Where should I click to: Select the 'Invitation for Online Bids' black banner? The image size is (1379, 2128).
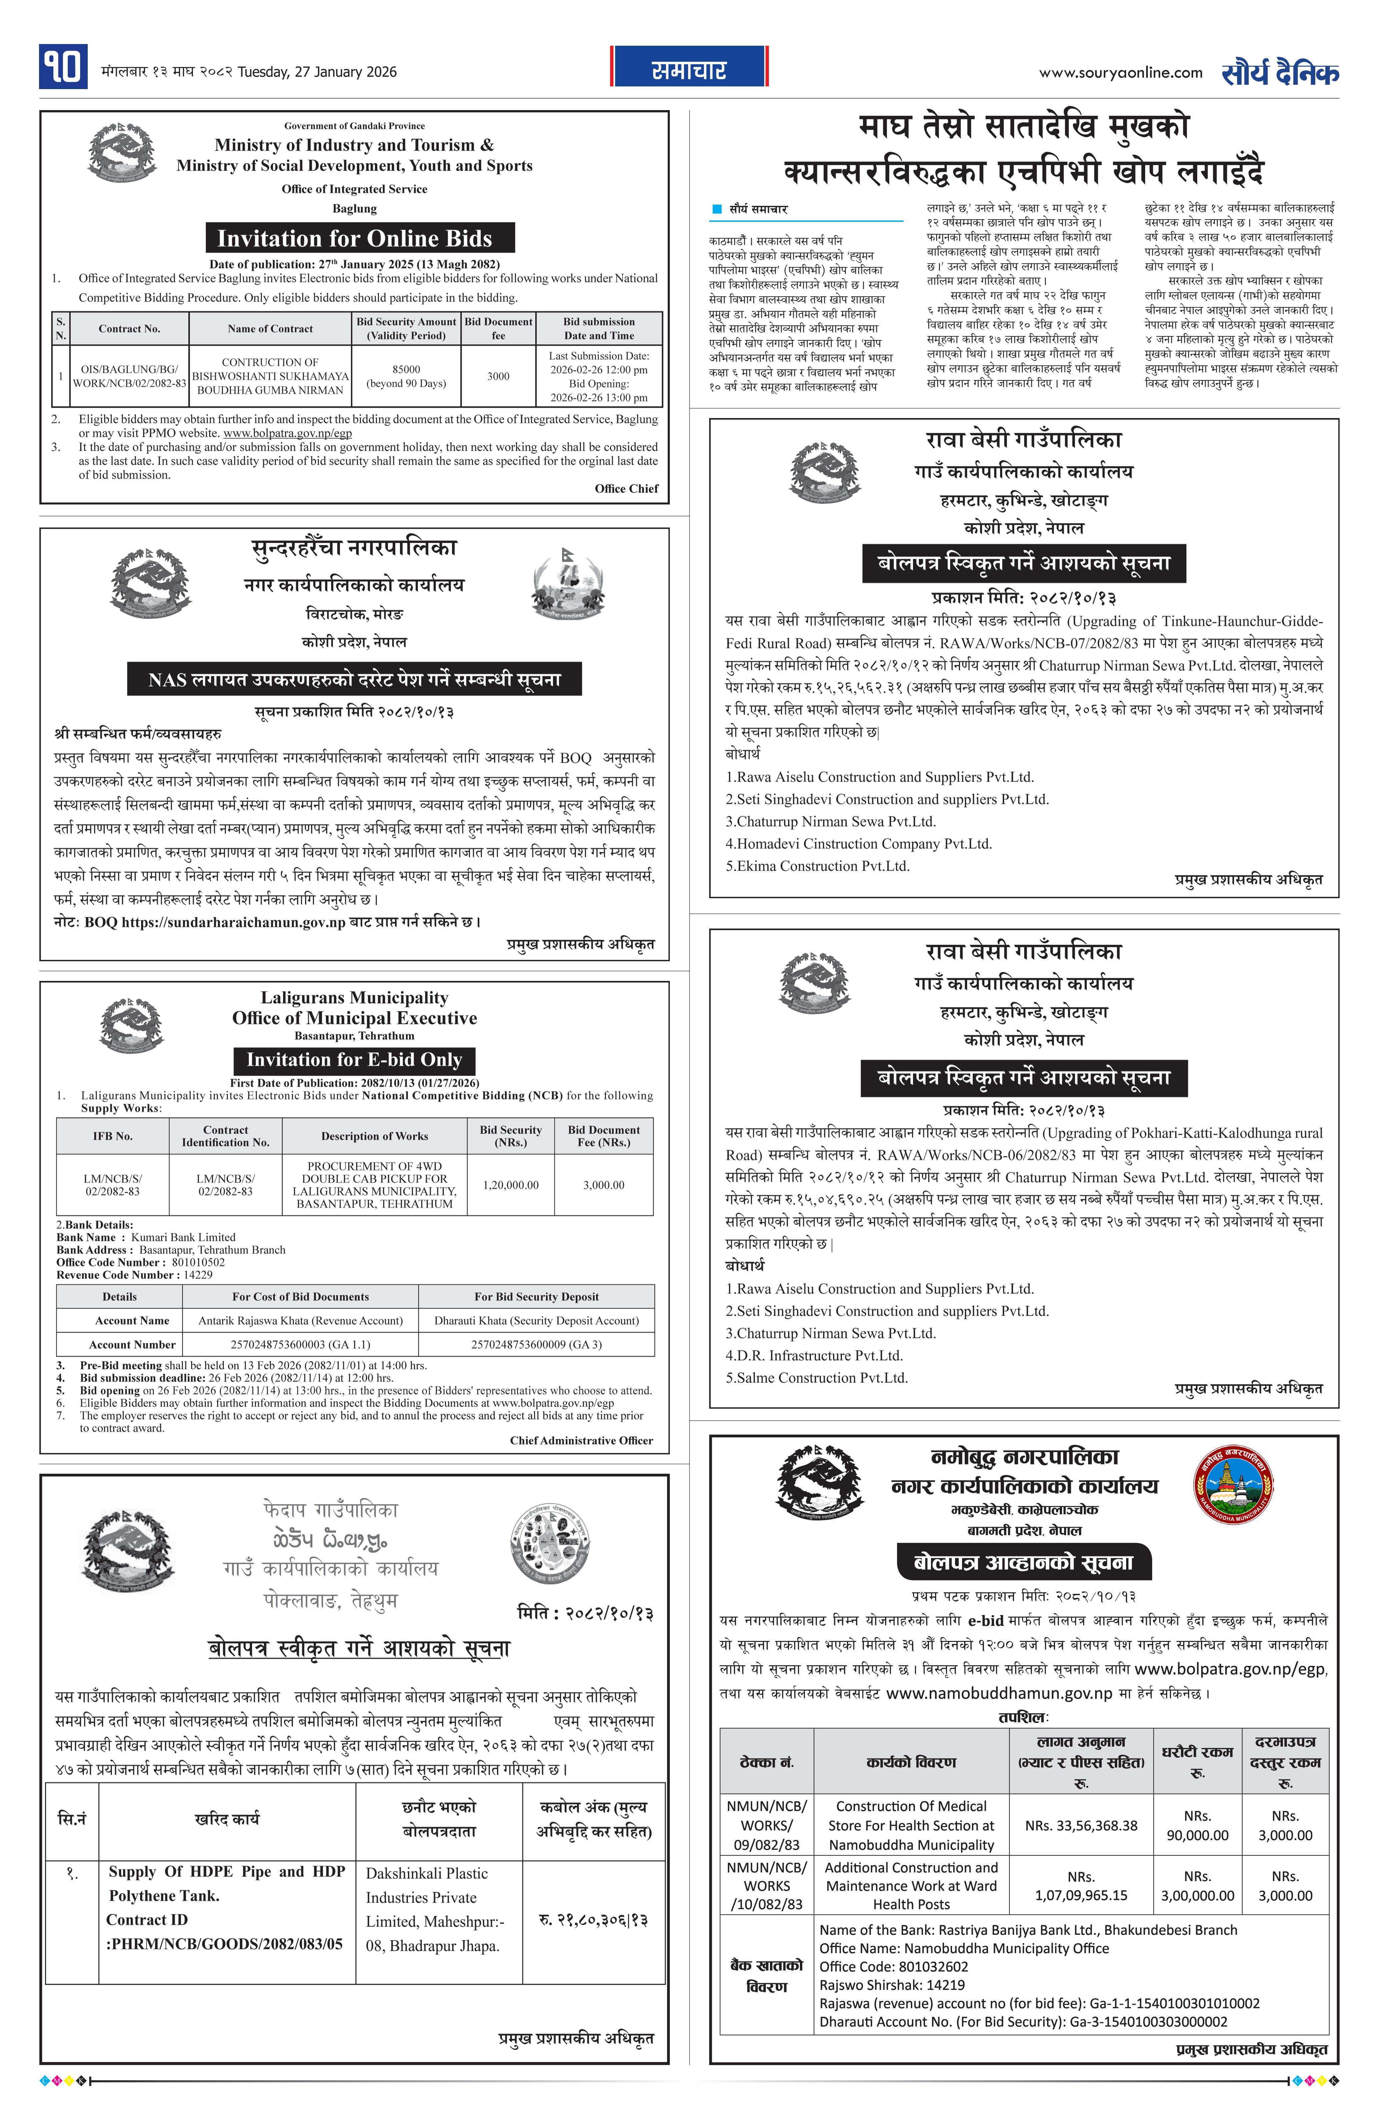pos(355,239)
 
